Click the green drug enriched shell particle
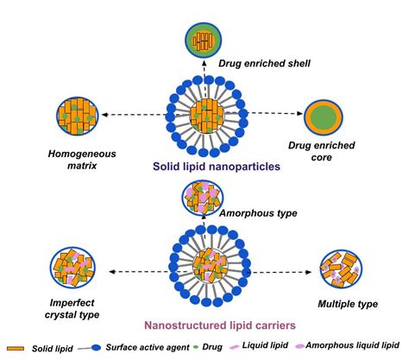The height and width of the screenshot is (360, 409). click(x=204, y=39)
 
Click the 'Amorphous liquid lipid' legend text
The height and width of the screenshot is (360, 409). click(x=366, y=348)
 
